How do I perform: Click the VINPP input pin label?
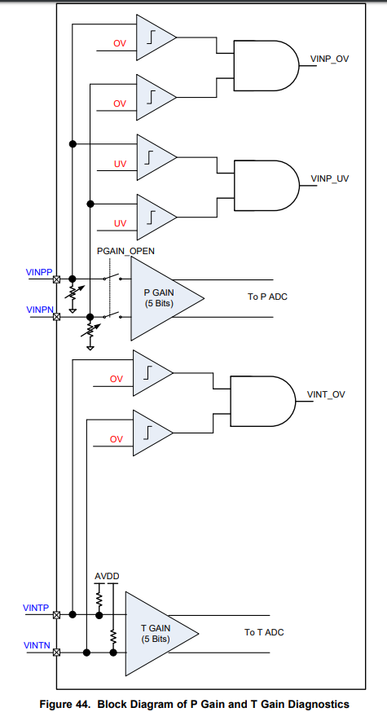coord(39,272)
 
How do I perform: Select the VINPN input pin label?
coord(41,310)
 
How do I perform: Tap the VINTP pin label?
coord(36,608)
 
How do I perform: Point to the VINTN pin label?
coord(37,645)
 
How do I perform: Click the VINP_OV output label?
coord(329,59)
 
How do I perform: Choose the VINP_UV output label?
coord(330,178)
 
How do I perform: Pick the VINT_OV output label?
coord(326,394)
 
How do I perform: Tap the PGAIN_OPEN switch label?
coord(125,251)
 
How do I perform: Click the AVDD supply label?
coord(107,576)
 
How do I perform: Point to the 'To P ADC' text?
coord(267,297)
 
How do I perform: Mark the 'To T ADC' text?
coord(264,632)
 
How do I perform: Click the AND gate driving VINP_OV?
coord(266,65)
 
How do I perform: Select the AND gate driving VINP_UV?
coord(266,185)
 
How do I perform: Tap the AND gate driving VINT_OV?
coord(263,401)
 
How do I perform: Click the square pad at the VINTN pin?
coord(56,653)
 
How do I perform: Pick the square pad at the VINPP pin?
coord(56,279)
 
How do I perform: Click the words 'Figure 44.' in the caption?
coord(66,705)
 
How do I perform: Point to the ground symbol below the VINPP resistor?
coord(72,310)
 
